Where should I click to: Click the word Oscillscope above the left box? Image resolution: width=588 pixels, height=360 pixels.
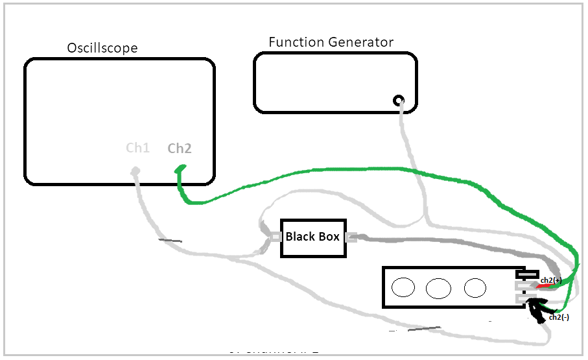click(x=102, y=49)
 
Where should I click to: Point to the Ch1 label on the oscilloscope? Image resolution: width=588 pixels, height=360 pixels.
click(x=137, y=148)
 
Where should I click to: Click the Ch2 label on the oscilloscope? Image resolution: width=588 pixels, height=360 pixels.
click(x=180, y=149)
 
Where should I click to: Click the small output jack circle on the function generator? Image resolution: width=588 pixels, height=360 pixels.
click(x=398, y=101)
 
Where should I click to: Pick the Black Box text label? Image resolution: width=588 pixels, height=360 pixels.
click(x=312, y=237)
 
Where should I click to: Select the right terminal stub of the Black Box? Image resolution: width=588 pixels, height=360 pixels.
click(x=351, y=237)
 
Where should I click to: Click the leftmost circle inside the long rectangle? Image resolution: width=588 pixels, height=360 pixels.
click(x=403, y=287)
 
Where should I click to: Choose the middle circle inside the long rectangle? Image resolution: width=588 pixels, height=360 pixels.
click(x=439, y=287)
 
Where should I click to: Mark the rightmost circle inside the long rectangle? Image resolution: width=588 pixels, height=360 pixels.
click(x=475, y=287)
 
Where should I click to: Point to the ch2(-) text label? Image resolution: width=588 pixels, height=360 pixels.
click(x=559, y=317)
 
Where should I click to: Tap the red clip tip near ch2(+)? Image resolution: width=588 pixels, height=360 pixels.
click(x=542, y=286)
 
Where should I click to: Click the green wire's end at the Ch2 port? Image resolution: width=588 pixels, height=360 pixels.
click(x=180, y=169)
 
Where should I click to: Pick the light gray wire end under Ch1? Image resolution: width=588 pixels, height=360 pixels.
click(x=136, y=171)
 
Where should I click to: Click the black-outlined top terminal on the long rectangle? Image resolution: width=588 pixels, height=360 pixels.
click(x=528, y=274)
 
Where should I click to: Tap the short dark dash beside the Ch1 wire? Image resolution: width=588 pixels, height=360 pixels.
click(x=171, y=241)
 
